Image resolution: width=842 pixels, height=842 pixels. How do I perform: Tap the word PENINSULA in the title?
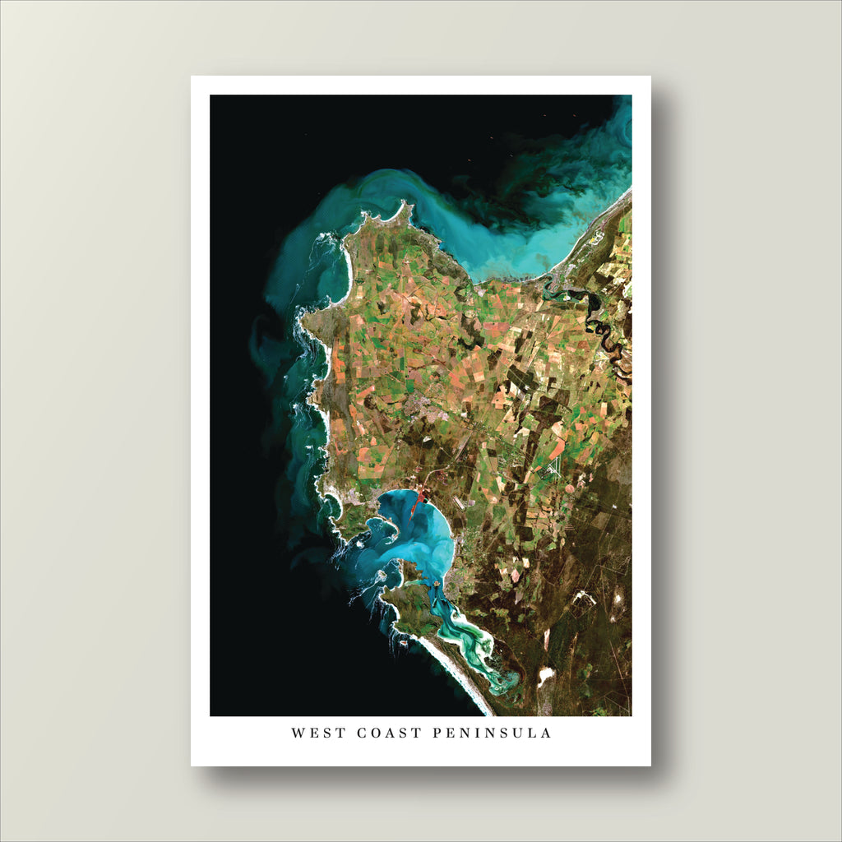[492, 733]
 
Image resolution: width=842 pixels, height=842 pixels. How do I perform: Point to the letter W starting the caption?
[297, 733]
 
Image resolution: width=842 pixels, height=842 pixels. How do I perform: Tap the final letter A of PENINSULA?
[547, 733]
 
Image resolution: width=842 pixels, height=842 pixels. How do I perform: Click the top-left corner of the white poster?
[192, 76]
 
